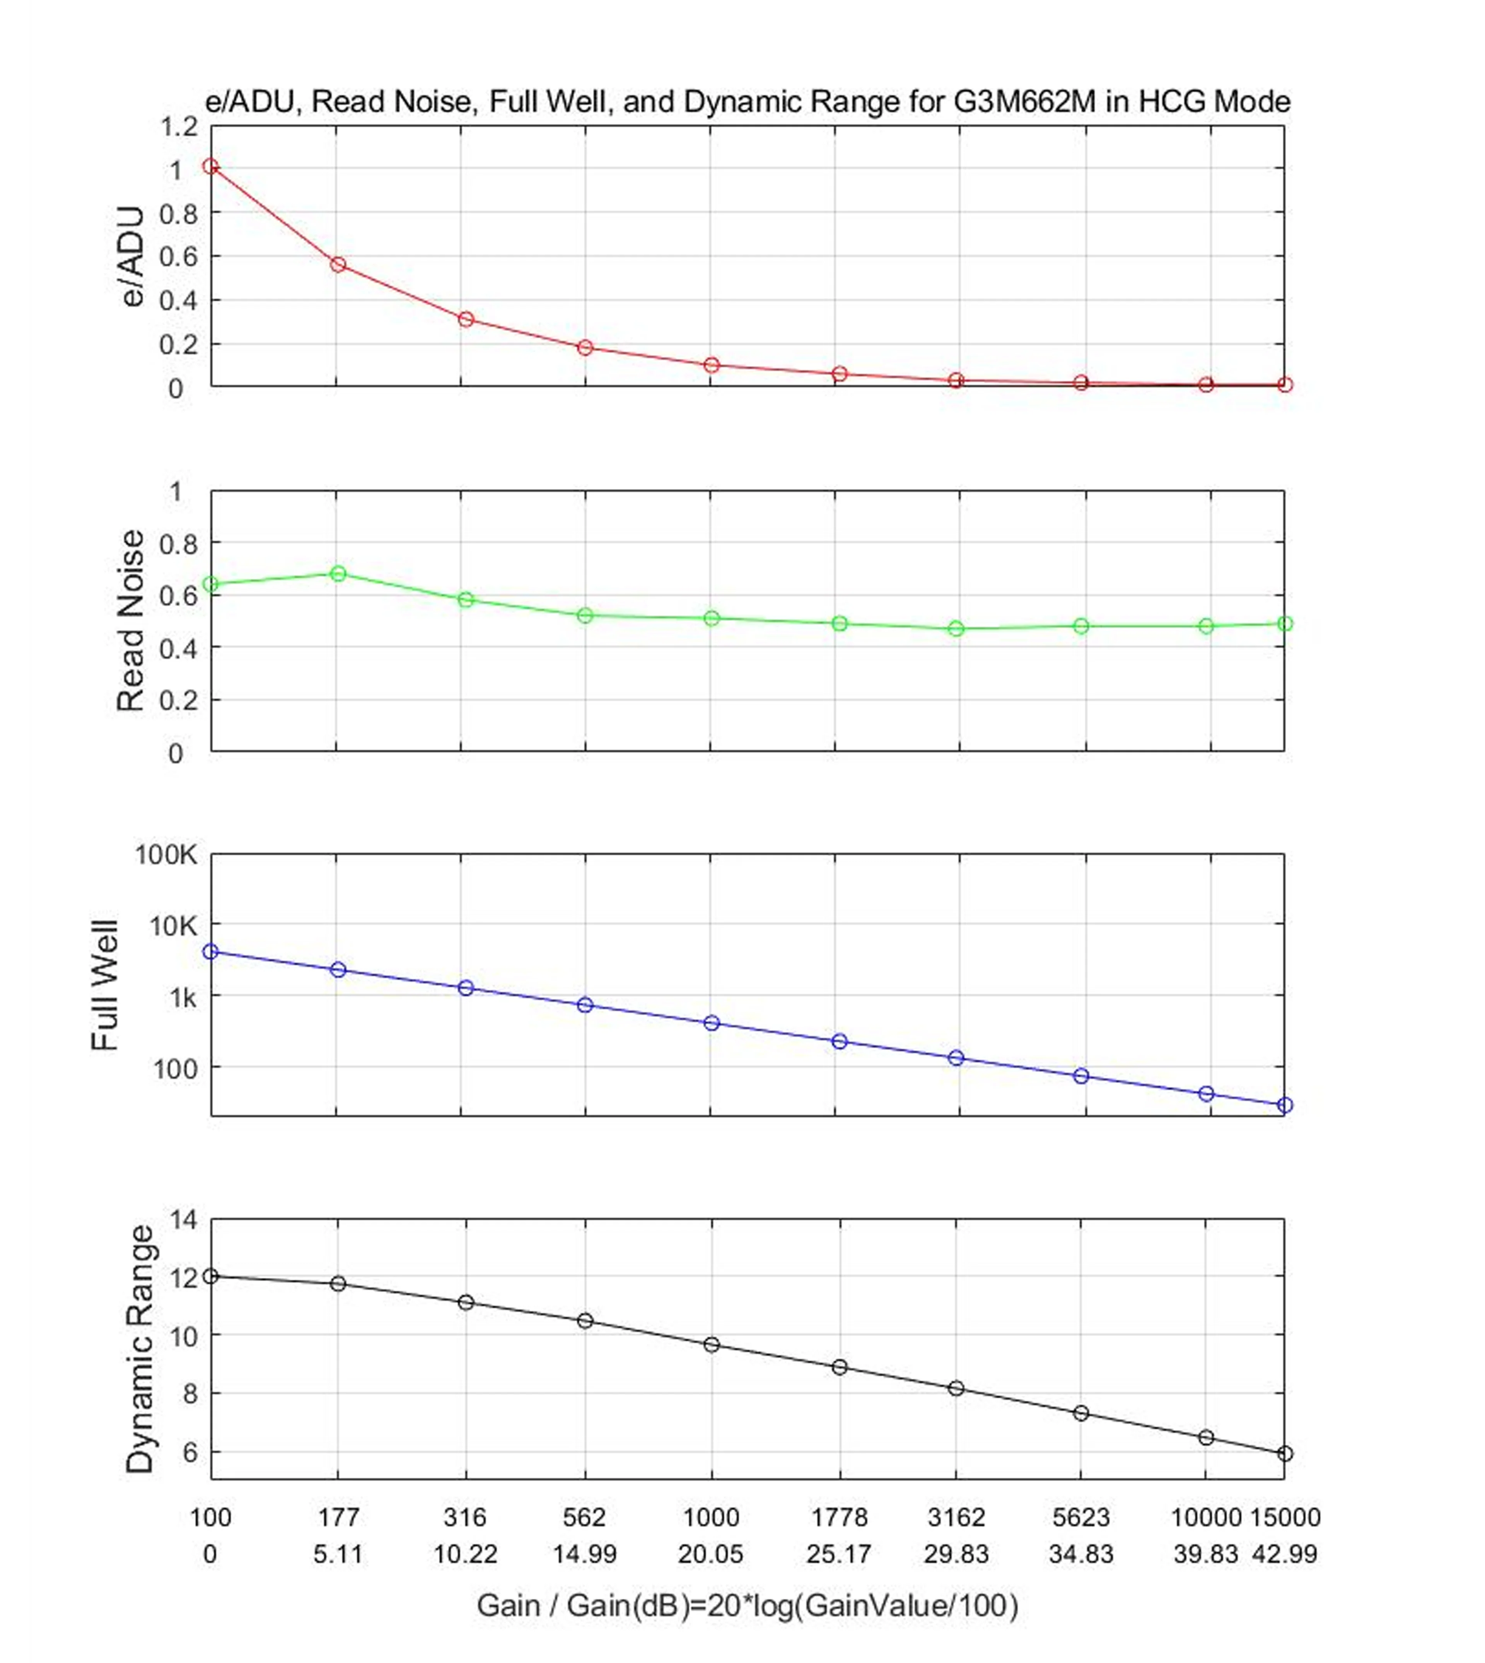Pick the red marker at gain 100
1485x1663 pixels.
pyautogui.click(x=210, y=166)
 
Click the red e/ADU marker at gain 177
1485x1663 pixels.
pyautogui.click(x=338, y=265)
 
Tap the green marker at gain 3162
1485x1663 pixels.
pyautogui.click(x=956, y=628)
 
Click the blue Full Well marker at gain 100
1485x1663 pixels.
pyautogui.click(x=210, y=951)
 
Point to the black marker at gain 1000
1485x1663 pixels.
pyautogui.click(x=712, y=1344)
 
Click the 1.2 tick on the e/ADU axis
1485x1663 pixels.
pyautogui.click(x=179, y=127)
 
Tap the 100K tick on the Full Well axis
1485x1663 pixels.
pyautogui.click(x=166, y=855)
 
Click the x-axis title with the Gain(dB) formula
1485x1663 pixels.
pyautogui.click(x=747, y=1606)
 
